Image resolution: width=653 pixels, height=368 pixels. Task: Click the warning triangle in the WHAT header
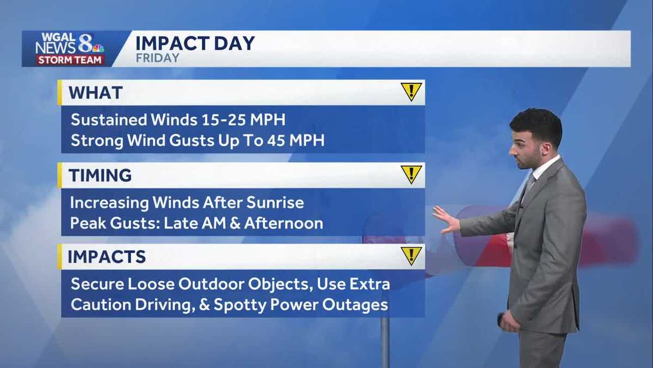tap(411, 92)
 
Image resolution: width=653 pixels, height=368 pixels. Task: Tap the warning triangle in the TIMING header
tap(411, 174)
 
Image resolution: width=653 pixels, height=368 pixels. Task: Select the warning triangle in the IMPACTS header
tap(411, 256)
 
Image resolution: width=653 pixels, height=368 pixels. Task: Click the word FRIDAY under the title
tap(157, 58)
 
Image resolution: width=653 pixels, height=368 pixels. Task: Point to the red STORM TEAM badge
tap(70, 60)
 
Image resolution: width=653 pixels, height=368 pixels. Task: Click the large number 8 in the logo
tap(85, 43)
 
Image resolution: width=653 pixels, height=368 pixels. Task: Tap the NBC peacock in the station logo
tap(98, 48)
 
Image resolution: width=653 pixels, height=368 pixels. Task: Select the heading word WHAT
tap(95, 93)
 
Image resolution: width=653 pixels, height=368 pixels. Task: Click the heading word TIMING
tap(100, 176)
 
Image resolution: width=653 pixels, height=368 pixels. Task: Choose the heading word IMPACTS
tap(107, 257)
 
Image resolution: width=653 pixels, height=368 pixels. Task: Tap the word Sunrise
tap(275, 203)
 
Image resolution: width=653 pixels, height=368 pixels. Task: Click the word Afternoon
tap(284, 223)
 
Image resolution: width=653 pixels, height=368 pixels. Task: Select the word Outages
tap(355, 305)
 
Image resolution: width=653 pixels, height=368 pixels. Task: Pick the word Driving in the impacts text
tap(165, 305)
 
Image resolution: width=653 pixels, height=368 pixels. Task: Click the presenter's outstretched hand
tap(446, 220)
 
